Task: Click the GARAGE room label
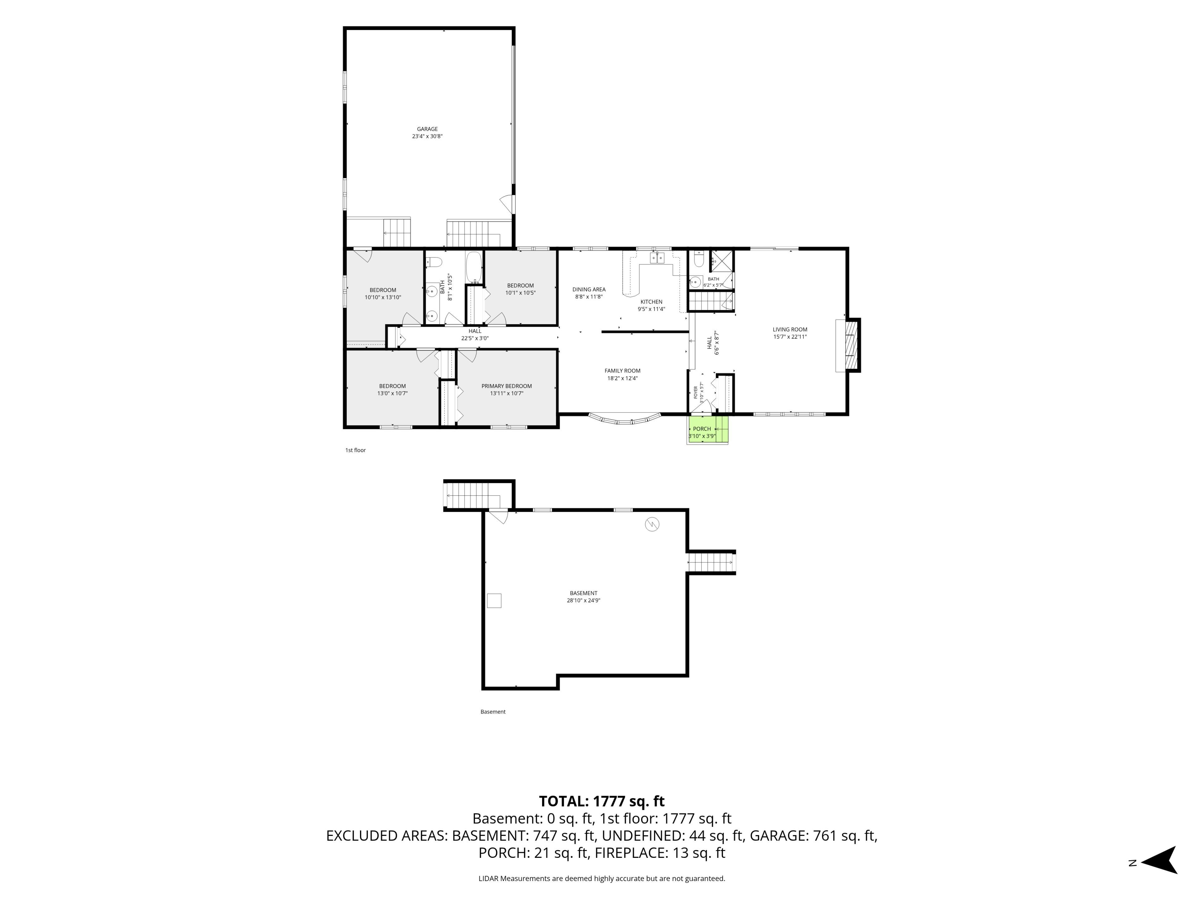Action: (x=427, y=129)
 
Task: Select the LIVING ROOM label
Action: (x=790, y=329)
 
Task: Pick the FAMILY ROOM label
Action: (x=622, y=371)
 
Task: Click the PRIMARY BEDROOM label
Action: (x=506, y=386)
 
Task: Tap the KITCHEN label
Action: (x=651, y=302)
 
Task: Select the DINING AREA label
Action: (x=589, y=290)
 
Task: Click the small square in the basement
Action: (x=494, y=600)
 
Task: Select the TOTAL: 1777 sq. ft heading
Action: (x=601, y=801)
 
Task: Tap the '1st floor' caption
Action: (x=356, y=450)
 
